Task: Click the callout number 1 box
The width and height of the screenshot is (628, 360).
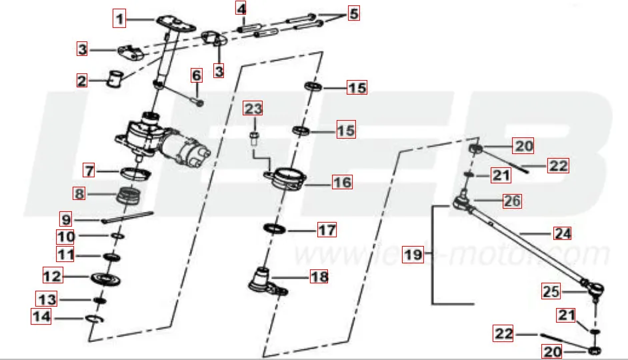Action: [120, 19]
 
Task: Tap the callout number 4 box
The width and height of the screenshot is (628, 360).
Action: [241, 9]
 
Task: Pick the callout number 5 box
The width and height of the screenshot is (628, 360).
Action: [353, 13]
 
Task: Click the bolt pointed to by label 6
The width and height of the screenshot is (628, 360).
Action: [197, 100]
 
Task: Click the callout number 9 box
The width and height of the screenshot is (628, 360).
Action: [65, 218]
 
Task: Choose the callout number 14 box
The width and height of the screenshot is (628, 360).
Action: [41, 318]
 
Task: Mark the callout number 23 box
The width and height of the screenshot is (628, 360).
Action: [253, 109]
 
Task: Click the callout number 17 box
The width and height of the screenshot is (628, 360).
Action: [327, 230]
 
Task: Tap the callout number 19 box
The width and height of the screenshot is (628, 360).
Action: [413, 255]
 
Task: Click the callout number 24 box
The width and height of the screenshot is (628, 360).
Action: [562, 233]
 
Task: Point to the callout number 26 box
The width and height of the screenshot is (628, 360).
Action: [512, 200]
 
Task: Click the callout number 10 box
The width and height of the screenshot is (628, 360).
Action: [65, 237]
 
